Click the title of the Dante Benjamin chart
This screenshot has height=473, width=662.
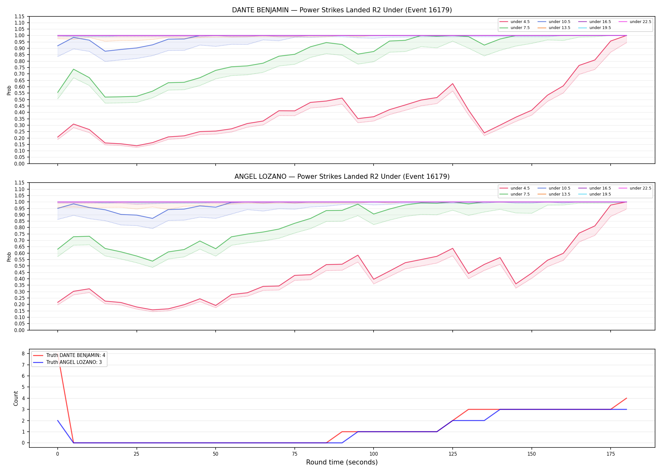coord(342,10)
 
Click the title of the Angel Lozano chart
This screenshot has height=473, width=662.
coord(342,177)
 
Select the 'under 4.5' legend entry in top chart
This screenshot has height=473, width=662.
coord(515,22)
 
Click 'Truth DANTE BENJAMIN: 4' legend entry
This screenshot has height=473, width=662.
coord(69,355)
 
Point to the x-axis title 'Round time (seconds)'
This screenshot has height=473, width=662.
coord(342,462)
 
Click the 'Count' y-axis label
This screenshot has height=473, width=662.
coord(16,398)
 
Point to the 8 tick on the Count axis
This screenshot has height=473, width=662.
coord(23,354)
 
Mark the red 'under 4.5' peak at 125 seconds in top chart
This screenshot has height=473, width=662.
coord(453,84)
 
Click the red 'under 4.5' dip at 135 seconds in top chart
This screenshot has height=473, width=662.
coord(484,133)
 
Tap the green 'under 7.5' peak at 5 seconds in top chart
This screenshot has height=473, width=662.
coord(73,69)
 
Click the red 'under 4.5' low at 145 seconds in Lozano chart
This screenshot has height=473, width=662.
coord(516,284)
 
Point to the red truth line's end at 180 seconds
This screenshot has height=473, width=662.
coord(626,398)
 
